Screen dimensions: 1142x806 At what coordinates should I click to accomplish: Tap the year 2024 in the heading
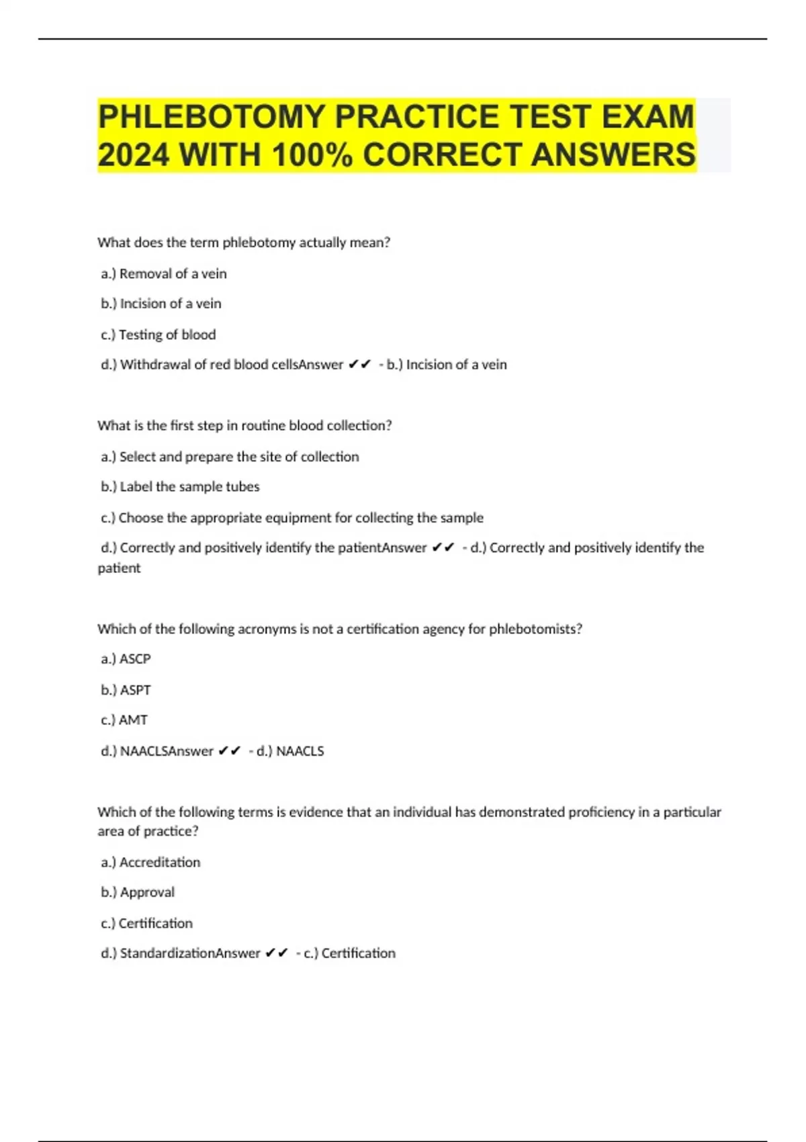click(x=133, y=155)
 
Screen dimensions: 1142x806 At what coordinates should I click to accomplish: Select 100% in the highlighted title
click(x=312, y=155)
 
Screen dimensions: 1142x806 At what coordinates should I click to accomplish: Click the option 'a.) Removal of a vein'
click(x=164, y=273)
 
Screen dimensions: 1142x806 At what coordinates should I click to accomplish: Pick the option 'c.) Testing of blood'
click(x=159, y=335)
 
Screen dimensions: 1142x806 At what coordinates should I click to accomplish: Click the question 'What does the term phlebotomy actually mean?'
click(x=244, y=243)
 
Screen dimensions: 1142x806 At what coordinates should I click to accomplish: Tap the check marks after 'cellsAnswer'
click(x=361, y=365)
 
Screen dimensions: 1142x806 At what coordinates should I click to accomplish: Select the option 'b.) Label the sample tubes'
click(x=180, y=486)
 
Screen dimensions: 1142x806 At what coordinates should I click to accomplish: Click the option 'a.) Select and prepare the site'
click(x=230, y=457)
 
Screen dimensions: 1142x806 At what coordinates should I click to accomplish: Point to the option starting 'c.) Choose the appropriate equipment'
click(x=292, y=517)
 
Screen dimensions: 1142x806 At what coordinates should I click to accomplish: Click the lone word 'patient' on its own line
click(x=119, y=568)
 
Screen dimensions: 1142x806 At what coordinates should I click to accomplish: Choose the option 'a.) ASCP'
click(x=126, y=659)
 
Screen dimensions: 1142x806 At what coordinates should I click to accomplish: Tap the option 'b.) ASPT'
click(x=126, y=690)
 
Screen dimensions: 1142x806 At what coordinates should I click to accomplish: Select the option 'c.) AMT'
click(x=124, y=720)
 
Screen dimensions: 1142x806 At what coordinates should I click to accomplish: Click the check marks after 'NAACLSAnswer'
click(x=230, y=751)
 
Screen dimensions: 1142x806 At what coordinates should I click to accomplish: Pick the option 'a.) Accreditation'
click(x=150, y=862)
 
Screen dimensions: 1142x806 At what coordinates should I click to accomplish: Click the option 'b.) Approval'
click(x=138, y=892)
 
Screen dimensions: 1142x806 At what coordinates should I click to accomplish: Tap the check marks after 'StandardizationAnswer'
click(x=277, y=953)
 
